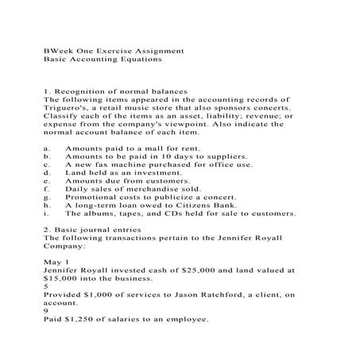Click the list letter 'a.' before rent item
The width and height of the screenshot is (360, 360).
coord(48,148)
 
